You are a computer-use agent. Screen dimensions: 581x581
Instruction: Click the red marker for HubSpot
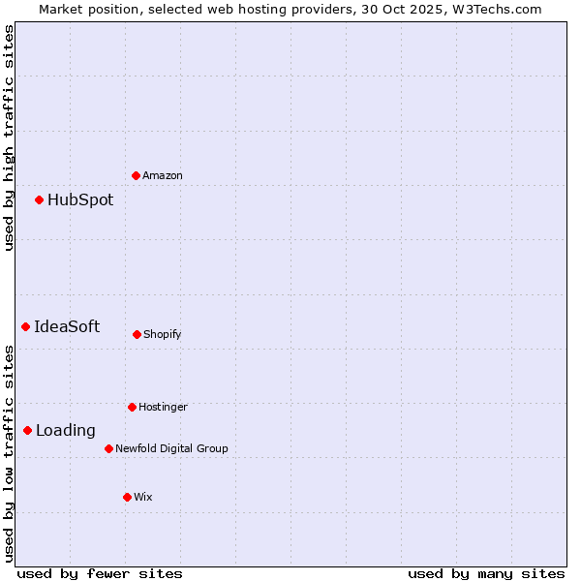tap(39, 200)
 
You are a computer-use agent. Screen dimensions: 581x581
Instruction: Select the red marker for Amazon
tap(136, 175)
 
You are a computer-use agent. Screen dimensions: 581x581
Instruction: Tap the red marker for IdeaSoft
tap(25, 326)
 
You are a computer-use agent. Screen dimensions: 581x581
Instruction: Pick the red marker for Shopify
tap(137, 334)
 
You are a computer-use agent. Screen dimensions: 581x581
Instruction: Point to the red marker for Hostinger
tap(132, 407)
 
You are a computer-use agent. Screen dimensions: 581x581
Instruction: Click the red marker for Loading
tap(27, 430)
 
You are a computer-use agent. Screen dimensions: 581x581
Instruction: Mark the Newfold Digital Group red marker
tap(108, 448)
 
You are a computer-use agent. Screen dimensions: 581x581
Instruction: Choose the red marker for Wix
tap(127, 497)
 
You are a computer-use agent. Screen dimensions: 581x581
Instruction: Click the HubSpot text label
tap(80, 200)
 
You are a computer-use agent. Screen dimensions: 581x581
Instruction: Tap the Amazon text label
tap(163, 175)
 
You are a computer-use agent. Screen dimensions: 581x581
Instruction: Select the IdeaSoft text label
tap(67, 326)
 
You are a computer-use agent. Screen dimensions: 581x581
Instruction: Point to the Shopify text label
tap(163, 334)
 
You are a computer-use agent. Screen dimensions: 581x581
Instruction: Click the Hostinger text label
tap(163, 407)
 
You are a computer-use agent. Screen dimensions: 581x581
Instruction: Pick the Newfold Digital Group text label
tap(171, 448)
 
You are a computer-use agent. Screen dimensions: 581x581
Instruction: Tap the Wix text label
tap(143, 497)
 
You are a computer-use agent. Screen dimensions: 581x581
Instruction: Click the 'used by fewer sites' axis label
tap(100, 573)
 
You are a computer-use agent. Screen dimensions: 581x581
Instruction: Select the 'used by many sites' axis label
tap(486, 573)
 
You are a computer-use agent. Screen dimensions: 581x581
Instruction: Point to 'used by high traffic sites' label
tap(9, 138)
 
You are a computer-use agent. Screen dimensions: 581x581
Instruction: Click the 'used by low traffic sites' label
tap(9, 453)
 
